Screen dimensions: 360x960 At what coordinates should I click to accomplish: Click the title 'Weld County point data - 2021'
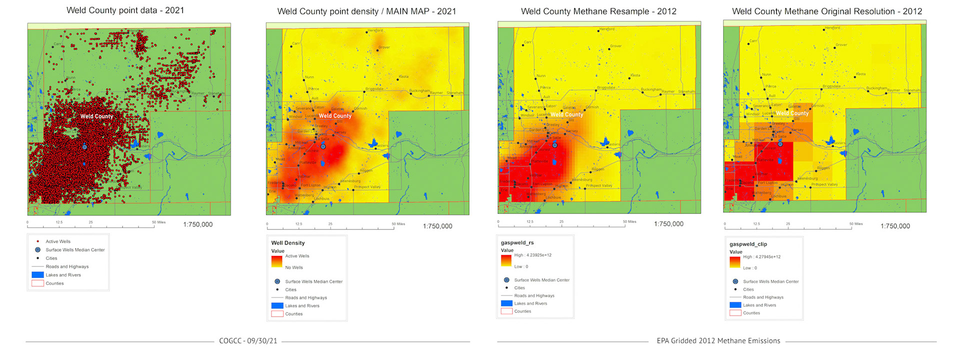click(x=125, y=10)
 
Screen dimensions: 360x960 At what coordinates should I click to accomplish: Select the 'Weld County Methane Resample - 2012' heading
click(x=598, y=11)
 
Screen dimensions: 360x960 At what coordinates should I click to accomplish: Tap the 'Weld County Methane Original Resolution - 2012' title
click(x=827, y=11)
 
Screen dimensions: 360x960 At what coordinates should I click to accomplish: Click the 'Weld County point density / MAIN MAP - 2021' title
click(x=366, y=11)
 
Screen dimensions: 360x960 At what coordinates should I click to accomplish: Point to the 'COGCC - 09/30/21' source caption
click(x=248, y=341)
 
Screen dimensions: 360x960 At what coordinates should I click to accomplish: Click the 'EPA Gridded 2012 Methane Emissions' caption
click(x=718, y=341)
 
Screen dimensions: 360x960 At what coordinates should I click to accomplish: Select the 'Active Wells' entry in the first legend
click(x=58, y=241)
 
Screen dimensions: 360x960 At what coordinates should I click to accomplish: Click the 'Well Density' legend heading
click(x=287, y=243)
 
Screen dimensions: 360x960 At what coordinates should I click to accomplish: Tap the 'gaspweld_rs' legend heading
click(x=517, y=242)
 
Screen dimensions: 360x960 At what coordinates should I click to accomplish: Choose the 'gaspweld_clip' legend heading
click(x=748, y=244)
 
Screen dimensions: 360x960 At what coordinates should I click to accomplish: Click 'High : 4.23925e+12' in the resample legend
click(x=532, y=255)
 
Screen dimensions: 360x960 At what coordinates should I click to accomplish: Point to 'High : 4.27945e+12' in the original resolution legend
click(x=761, y=257)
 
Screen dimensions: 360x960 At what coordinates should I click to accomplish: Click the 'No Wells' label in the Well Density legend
click(x=294, y=267)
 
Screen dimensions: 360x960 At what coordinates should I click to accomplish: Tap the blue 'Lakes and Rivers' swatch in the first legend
click(x=37, y=275)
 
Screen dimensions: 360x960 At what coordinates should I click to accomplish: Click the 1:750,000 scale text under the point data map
click(x=197, y=224)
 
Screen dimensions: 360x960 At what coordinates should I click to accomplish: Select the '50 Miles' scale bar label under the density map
click(x=398, y=224)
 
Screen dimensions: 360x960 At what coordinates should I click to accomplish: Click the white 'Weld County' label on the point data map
click(x=96, y=116)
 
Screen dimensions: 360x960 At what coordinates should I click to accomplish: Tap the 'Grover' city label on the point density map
click(x=384, y=47)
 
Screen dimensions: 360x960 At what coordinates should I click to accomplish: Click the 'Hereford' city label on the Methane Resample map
click(x=607, y=29)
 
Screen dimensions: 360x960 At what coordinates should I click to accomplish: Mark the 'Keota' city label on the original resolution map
click(x=860, y=74)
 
